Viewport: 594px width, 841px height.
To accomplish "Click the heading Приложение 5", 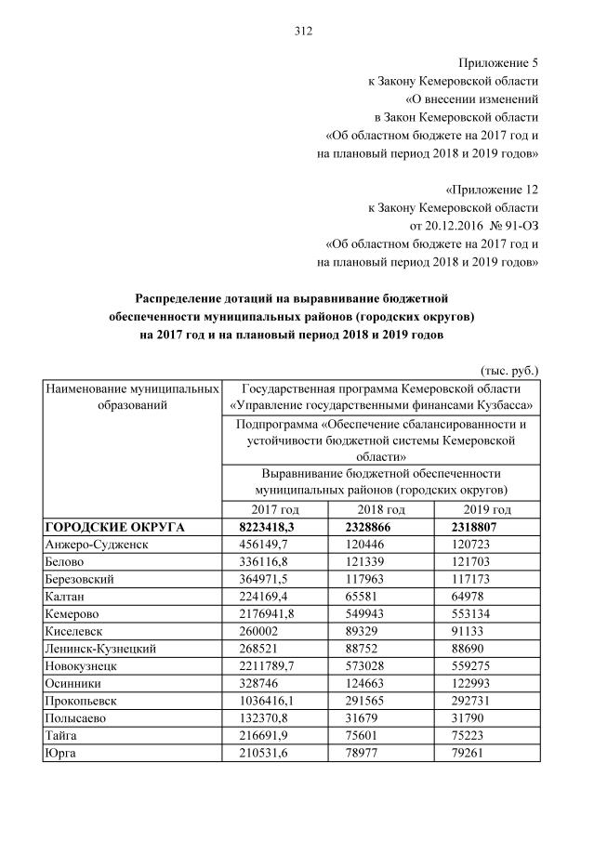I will [498, 63].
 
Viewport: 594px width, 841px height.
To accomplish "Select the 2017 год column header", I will [275, 510].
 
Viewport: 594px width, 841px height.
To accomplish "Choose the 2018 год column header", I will [381, 510].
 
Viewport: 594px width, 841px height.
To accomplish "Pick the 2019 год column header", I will [488, 510].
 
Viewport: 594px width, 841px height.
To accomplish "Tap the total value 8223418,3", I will [263, 527].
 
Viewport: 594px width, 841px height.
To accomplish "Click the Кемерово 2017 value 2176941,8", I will [264, 614].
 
